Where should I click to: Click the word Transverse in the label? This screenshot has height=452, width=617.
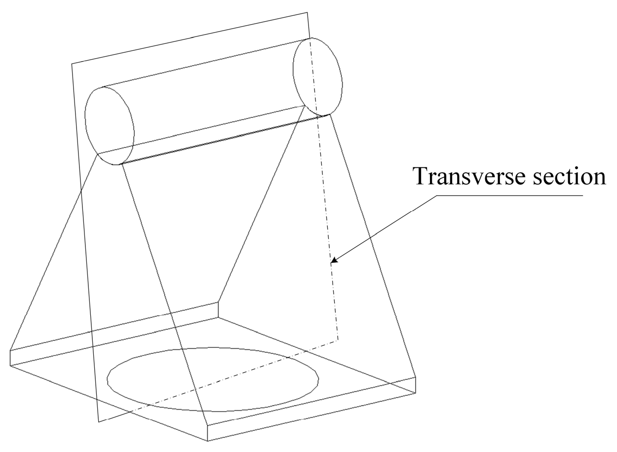click(462, 176)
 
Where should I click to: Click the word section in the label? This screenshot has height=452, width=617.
click(566, 176)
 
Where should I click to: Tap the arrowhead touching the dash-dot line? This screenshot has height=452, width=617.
click(334, 260)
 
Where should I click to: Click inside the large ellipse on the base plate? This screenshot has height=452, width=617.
click(212, 379)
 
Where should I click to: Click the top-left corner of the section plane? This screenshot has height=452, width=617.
click(73, 64)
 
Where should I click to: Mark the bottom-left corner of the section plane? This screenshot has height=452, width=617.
click(99, 422)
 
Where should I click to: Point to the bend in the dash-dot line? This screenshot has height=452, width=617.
click(338, 339)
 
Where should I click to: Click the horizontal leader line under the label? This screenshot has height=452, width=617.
click(508, 196)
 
